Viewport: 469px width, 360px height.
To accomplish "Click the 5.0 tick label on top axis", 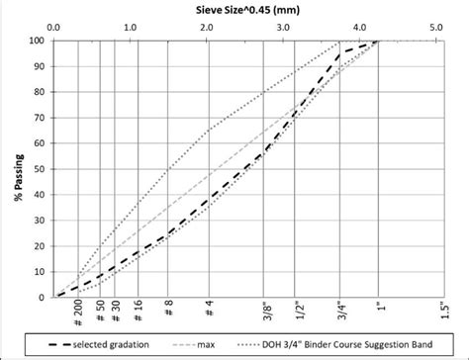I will [436, 28].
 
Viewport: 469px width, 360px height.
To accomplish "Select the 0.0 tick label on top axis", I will [53, 28].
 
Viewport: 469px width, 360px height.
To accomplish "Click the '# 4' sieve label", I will [208, 308].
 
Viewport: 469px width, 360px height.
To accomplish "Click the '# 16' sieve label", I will [138, 311].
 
